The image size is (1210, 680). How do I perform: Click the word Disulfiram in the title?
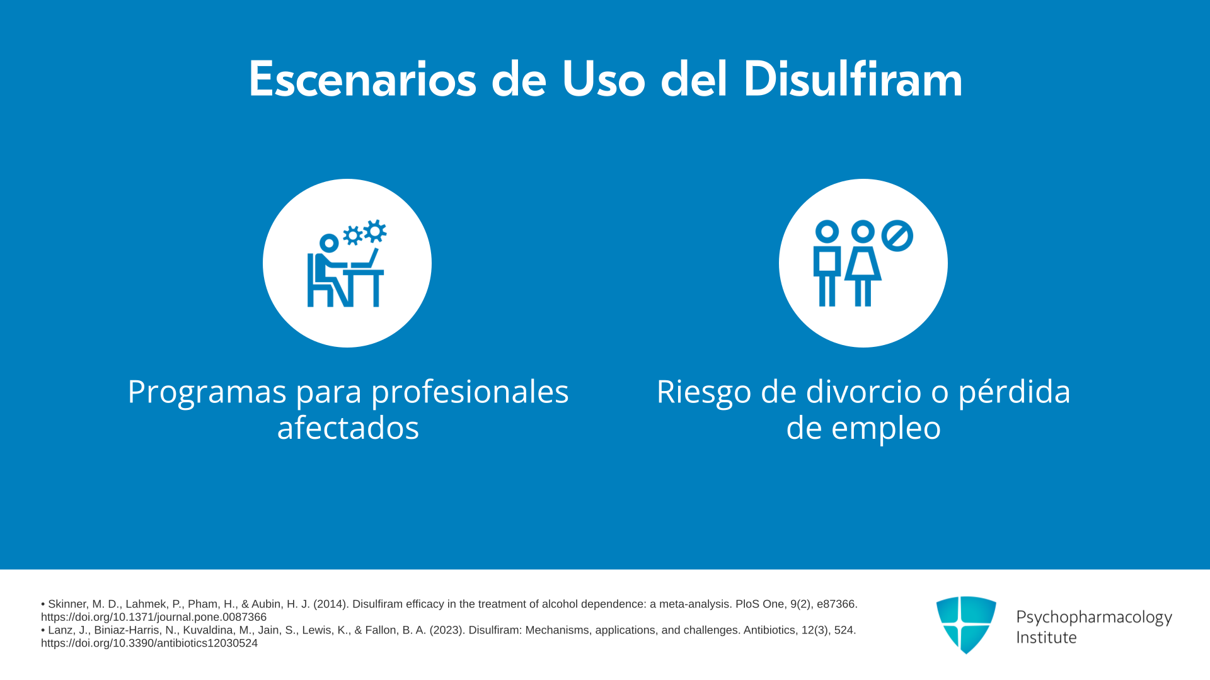click(x=853, y=79)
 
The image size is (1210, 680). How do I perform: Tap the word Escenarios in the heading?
click(x=362, y=79)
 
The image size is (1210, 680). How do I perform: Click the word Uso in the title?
click(x=604, y=79)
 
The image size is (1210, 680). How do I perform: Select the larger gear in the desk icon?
click(x=375, y=231)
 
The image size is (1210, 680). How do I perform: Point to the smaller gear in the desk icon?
click(x=352, y=235)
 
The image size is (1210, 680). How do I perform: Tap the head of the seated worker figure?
click(x=329, y=243)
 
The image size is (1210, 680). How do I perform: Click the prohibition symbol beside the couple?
click(x=897, y=235)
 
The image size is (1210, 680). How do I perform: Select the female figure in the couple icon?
click(x=863, y=263)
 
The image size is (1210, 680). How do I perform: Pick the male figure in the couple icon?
click(x=827, y=263)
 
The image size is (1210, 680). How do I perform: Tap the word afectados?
click(x=348, y=428)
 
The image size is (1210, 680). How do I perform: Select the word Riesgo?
click(x=705, y=392)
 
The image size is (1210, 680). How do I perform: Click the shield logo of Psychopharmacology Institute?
click(x=966, y=625)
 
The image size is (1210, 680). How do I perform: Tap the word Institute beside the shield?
click(x=1046, y=637)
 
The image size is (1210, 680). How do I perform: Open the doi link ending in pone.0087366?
click(x=154, y=617)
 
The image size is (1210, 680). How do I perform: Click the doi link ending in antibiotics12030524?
click(x=149, y=643)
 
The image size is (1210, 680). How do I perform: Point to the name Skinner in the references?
click(x=67, y=604)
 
